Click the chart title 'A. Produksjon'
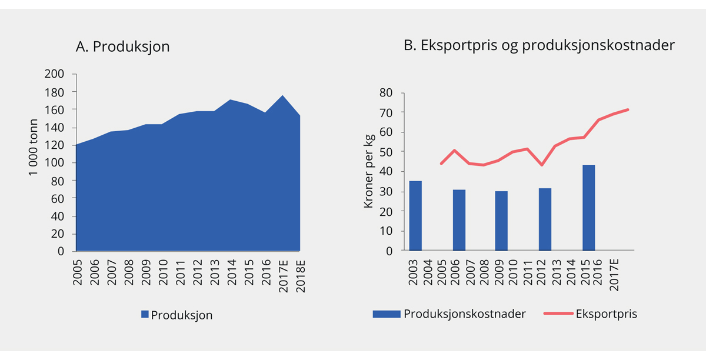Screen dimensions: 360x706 click(x=122, y=47)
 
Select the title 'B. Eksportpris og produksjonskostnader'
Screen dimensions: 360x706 click(x=539, y=46)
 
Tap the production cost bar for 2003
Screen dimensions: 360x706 click(x=415, y=216)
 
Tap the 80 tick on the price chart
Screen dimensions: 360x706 click(x=385, y=92)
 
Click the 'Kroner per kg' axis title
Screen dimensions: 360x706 click(x=369, y=171)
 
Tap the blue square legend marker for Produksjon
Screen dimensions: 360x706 click(x=145, y=315)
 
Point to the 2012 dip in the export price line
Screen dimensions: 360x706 click(x=541, y=165)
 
